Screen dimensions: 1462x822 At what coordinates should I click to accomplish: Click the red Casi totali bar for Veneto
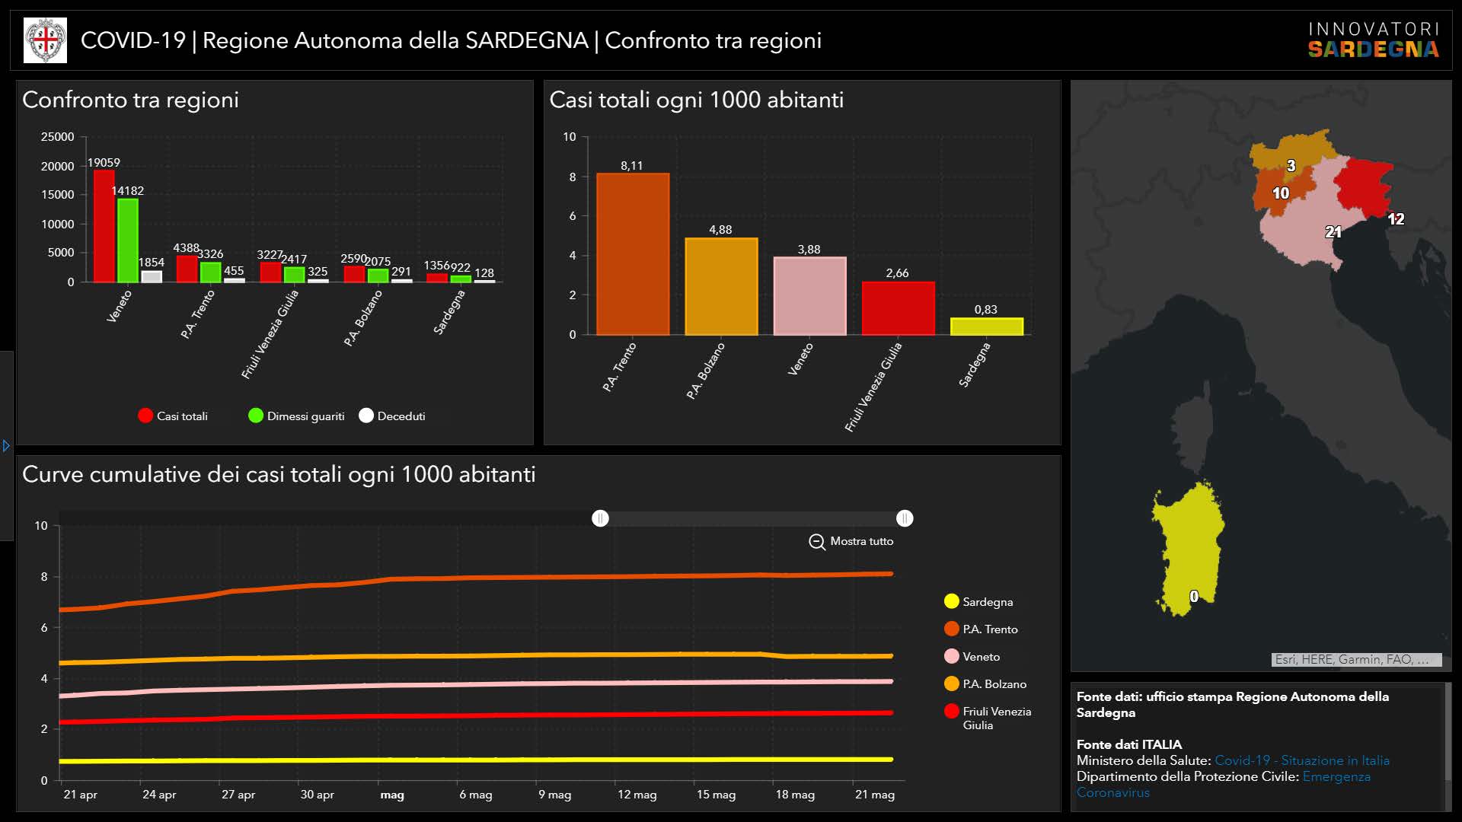(104, 226)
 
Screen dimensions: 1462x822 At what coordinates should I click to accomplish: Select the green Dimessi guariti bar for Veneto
(127, 241)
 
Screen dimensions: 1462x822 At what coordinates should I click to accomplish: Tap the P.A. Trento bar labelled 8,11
(633, 254)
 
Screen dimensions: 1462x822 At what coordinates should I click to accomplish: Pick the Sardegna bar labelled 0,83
(987, 327)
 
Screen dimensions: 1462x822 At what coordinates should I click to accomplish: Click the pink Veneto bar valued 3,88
(809, 296)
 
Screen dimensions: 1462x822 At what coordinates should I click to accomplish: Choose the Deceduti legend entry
(392, 416)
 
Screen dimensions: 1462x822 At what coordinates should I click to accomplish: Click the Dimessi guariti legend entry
(296, 416)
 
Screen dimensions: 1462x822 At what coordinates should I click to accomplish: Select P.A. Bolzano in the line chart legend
(985, 683)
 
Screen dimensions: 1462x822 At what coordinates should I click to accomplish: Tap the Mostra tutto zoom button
(851, 541)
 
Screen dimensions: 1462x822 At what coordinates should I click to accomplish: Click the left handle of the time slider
(600, 518)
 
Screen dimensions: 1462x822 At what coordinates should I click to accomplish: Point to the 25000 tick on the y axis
(57, 137)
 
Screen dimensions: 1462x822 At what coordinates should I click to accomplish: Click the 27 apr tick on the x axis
(238, 795)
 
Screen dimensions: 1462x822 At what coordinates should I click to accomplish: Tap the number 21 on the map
(1333, 231)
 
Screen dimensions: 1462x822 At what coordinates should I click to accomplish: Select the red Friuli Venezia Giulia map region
(1363, 187)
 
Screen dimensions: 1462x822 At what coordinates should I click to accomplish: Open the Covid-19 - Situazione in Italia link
(1302, 760)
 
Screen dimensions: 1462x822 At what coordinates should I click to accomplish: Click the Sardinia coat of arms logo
(46, 40)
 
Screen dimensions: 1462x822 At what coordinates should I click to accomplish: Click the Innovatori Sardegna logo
(1374, 40)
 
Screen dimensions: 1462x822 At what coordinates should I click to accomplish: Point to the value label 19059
(104, 162)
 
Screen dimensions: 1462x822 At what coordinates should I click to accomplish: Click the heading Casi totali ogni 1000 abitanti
(696, 100)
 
